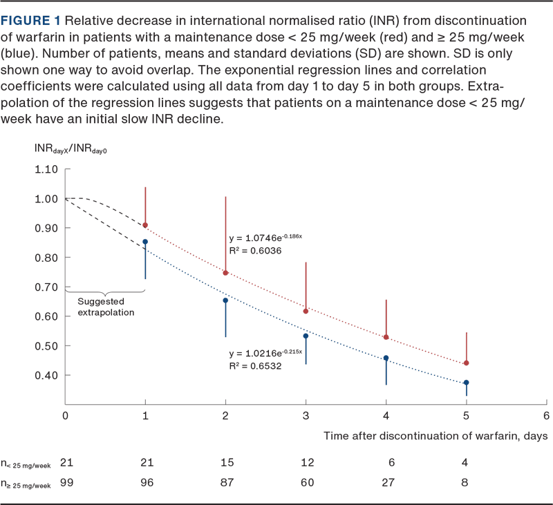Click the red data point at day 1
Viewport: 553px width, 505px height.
[x=144, y=225]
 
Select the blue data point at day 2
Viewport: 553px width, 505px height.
[x=225, y=300]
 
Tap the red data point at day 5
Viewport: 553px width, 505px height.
[x=467, y=363]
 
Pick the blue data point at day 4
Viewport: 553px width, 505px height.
[x=386, y=359]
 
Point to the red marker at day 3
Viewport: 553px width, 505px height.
[x=306, y=312]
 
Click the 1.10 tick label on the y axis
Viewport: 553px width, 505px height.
[x=47, y=169]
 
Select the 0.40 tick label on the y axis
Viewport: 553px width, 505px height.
[x=47, y=375]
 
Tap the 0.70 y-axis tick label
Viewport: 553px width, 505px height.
[x=47, y=287]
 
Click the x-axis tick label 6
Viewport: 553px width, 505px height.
[x=546, y=415]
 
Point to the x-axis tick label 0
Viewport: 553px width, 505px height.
[x=65, y=415]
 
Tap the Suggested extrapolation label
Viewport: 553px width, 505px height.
[x=106, y=307]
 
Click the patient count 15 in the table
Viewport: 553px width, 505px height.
[x=225, y=461]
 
